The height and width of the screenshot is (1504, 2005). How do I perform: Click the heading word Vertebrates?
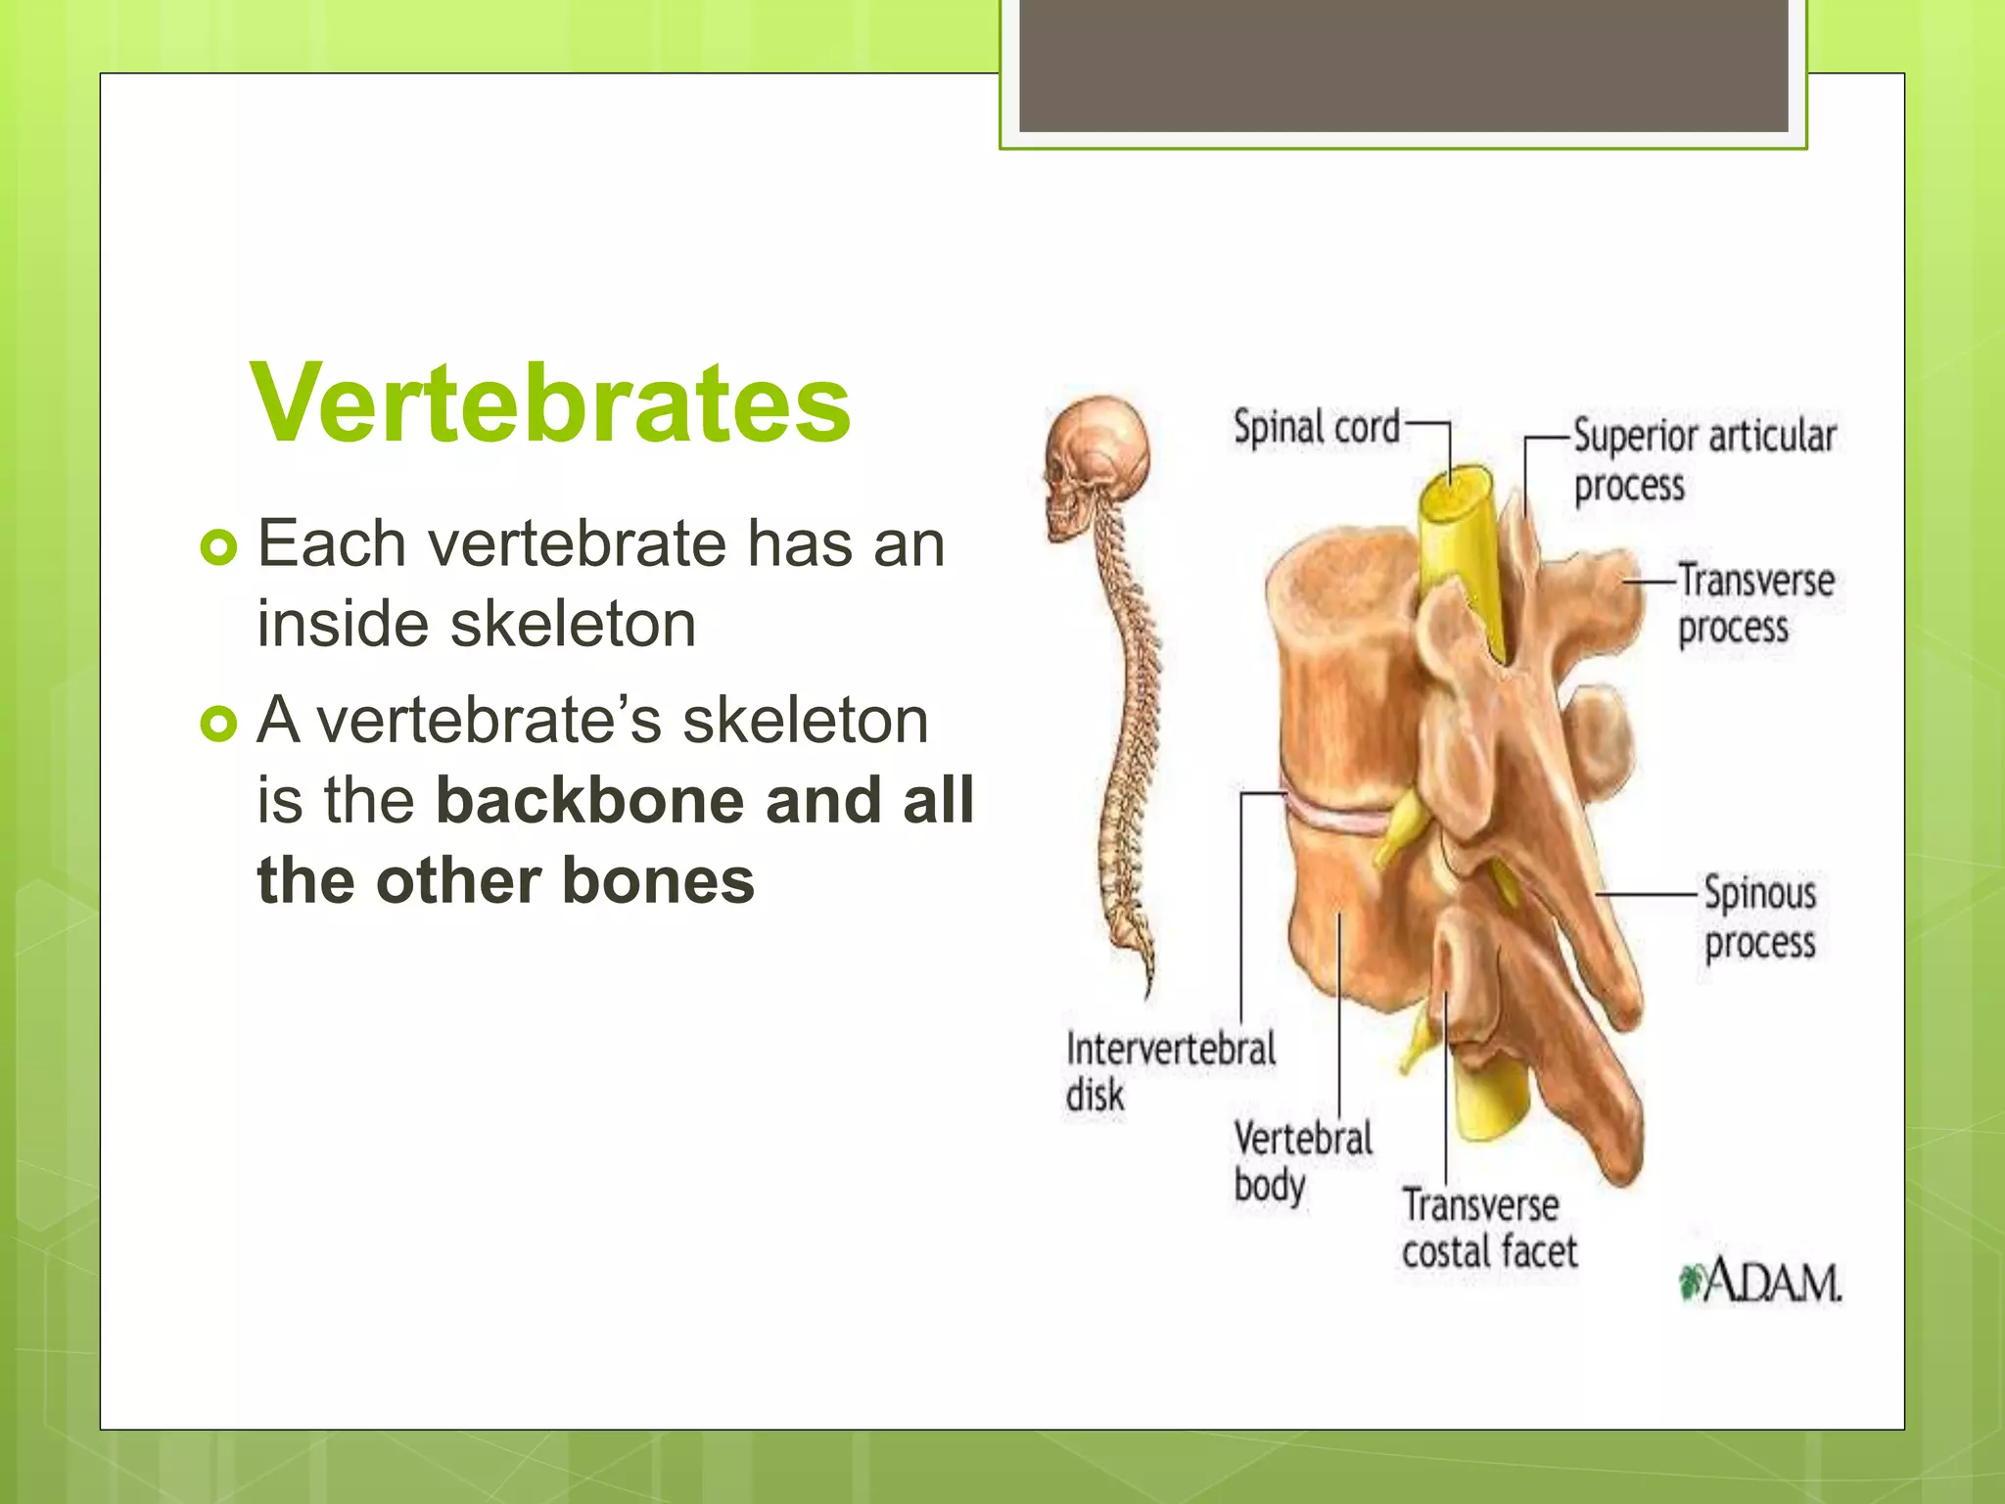point(550,403)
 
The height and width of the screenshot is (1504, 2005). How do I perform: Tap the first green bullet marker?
point(218,547)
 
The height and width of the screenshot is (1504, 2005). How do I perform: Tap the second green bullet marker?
point(218,725)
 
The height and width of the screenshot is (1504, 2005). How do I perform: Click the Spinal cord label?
point(1316,428)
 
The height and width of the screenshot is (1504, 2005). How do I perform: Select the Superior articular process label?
point(1702,460)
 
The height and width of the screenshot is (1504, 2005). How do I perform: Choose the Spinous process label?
point(1759,917)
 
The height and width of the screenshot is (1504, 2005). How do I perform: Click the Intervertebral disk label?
point(1170,1070)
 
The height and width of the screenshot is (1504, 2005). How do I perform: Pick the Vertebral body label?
point(1302,1161)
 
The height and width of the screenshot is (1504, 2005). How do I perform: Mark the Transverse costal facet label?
point(1488,1228)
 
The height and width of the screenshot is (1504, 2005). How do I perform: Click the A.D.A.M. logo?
point(1760,1282)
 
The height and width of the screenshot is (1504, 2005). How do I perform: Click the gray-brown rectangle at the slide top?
point(1403,65)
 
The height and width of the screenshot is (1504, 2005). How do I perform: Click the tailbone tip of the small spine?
point(1149,989)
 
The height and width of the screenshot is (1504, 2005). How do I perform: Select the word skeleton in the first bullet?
point(573,624)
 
